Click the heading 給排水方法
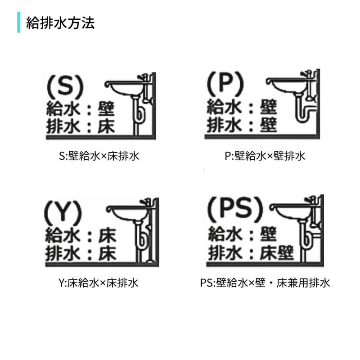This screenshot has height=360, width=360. [x=60, y=23]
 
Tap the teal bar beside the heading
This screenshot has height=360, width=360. [x=19, y=23]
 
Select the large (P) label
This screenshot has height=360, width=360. [x=225, y=84]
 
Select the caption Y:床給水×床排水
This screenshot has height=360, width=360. [x=98, y=283]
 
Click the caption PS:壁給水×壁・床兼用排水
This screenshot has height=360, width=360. [x=265, y=283]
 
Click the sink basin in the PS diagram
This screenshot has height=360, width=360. [x=292, y=211]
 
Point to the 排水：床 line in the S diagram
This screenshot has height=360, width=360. [x=81, y=126]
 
